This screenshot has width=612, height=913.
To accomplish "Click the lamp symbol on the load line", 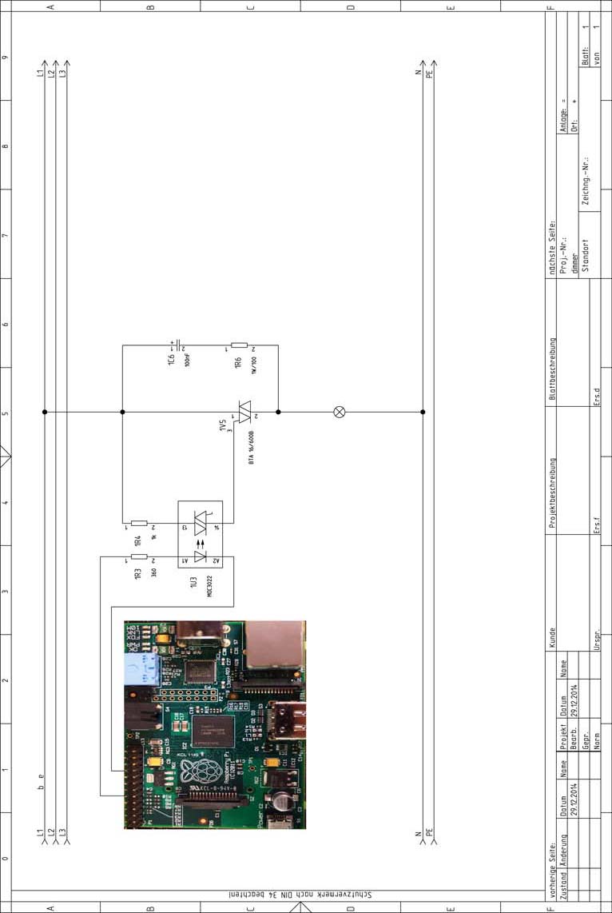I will click(x=340, y=412).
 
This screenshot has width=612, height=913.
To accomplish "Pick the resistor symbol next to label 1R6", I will click(x=240, y=345).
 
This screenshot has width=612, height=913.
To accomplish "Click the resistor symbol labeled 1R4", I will click(x=139, y=523).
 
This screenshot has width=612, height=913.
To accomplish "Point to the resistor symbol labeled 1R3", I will click(x=139, y=556).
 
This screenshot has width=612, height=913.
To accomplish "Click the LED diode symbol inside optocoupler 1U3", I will click(x=200, y=556).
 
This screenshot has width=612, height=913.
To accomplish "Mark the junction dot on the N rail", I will click(x=423, y=412).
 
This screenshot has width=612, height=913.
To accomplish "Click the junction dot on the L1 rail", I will click(x=45, y=412).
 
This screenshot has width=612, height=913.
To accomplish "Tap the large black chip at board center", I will click(x=213, y=732).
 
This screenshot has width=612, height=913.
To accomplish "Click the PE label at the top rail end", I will click(x=430, y=74).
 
